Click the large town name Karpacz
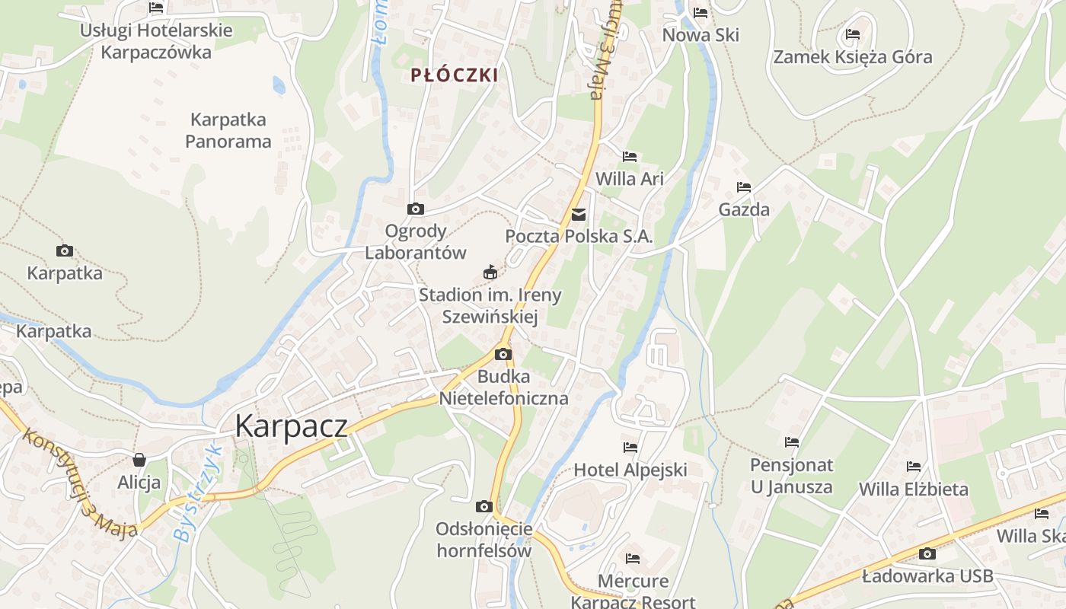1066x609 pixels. pos(291,426)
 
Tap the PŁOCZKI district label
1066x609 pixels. pos(455,75)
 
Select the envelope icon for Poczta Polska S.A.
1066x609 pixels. pos(579,215)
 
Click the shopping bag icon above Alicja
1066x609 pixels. pos(139,460)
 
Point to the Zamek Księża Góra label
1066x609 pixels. pos(852,57)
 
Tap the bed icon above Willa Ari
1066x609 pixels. pos(630,157)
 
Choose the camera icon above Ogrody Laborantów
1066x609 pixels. pos(416,209)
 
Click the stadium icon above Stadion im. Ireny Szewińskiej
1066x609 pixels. pos(491,272)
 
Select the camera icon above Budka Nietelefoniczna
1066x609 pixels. pos(503,354)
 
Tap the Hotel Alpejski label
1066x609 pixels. pos(630,470)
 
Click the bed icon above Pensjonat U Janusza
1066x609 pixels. pos(792,442)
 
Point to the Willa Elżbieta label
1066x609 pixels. pos(913,489)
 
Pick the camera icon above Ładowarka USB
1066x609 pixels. pos(927,553)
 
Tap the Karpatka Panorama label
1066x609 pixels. pos(228,130)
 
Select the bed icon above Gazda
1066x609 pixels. pos(744,187)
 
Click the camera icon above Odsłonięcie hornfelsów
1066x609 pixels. pos(484,506)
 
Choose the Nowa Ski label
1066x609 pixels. pos(701,35)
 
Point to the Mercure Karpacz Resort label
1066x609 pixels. pos(633,591)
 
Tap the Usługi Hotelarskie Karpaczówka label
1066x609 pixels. pos(156,41)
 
